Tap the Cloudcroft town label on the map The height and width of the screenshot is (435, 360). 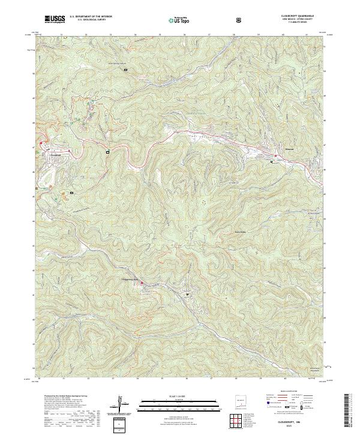(56, 154)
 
